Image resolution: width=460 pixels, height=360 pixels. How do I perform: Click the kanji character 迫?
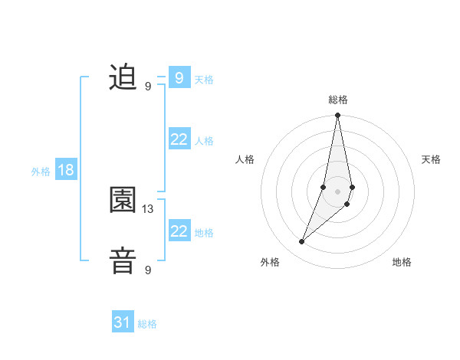(123, 77)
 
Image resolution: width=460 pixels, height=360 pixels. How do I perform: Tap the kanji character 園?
(123, 201)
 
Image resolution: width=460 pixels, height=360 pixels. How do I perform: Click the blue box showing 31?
(123, 322)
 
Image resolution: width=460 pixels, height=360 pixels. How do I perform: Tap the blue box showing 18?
(66, 170)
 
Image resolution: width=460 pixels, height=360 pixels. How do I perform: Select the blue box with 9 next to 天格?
(179, 78)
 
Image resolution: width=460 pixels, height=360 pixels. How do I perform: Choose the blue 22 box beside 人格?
(179, 139)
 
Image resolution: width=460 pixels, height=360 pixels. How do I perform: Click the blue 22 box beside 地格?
(179, 231)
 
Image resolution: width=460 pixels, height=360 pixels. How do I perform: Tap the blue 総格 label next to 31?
(147, 324)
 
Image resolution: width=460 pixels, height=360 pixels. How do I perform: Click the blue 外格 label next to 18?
(41, 172)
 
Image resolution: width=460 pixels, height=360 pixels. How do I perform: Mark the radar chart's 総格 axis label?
(338, 100)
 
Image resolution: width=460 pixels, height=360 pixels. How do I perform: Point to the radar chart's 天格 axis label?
(432, 159)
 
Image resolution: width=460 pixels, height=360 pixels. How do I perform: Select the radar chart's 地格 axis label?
(402, 262)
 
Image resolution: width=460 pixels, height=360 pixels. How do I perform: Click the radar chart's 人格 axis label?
(245, 159)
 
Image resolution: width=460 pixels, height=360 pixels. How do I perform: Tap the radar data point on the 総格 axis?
(337, 116)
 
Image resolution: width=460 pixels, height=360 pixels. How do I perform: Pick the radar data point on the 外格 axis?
(302, 242)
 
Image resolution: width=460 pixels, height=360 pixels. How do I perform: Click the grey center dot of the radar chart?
(337, 191)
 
